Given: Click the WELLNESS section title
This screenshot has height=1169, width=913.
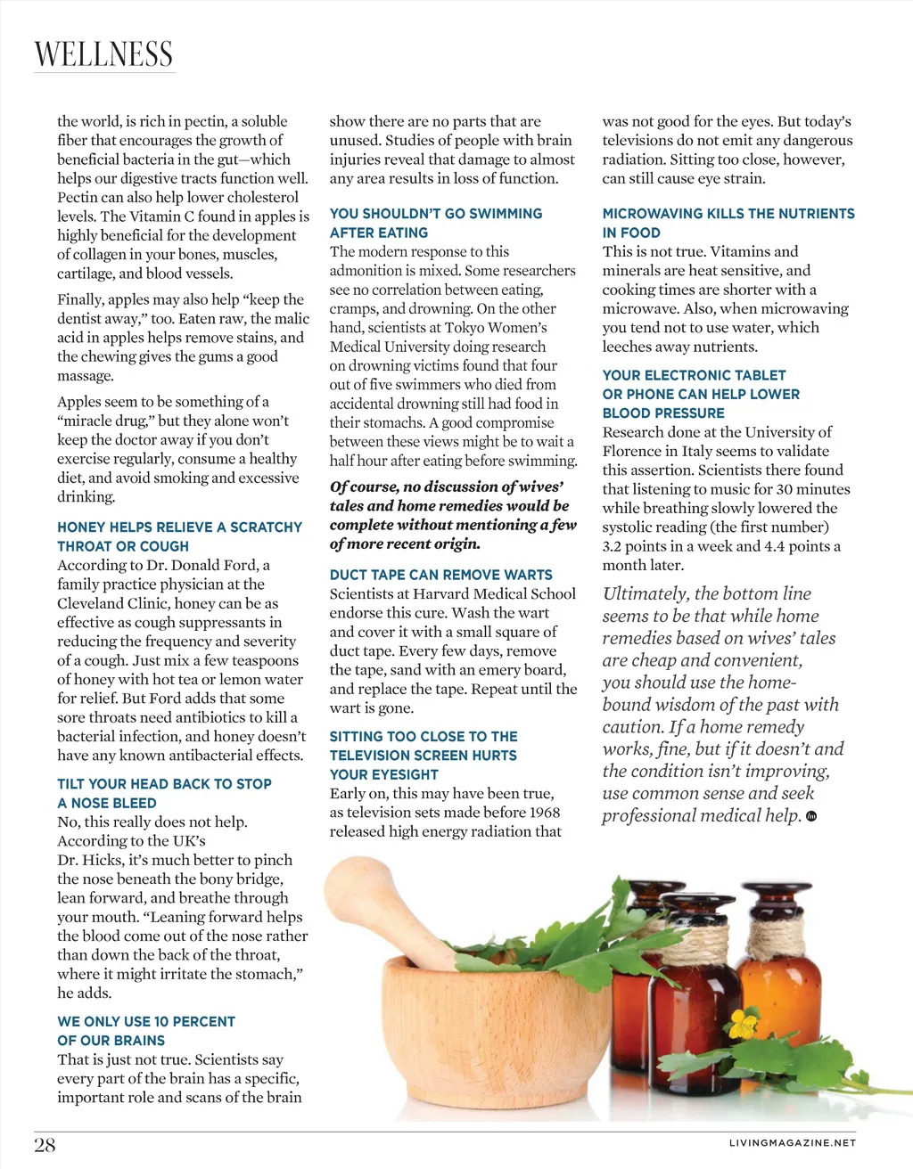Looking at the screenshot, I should point(103,54).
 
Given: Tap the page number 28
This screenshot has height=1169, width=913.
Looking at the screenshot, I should point(45,1145).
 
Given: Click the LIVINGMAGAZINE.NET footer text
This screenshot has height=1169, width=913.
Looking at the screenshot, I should point(792,1142).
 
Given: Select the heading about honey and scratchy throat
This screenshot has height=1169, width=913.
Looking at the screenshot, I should point(179,536).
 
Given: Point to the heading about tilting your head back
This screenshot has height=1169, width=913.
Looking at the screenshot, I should point(164,793).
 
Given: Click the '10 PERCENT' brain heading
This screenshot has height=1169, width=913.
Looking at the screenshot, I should point(146,1031).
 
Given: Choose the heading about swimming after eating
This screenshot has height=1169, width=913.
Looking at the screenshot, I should point(435,223).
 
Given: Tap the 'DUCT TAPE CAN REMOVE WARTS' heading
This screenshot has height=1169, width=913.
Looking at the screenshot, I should point(440,575).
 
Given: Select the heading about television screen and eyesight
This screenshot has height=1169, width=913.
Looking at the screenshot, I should point(423,756).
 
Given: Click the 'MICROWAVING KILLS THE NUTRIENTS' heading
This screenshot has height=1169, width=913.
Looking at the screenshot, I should point(728,223).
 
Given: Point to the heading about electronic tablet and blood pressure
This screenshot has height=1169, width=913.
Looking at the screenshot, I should point(701,394).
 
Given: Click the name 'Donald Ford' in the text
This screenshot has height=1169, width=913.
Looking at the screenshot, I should point(216,565).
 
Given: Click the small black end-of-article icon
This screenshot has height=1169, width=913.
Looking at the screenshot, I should point(810,815).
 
